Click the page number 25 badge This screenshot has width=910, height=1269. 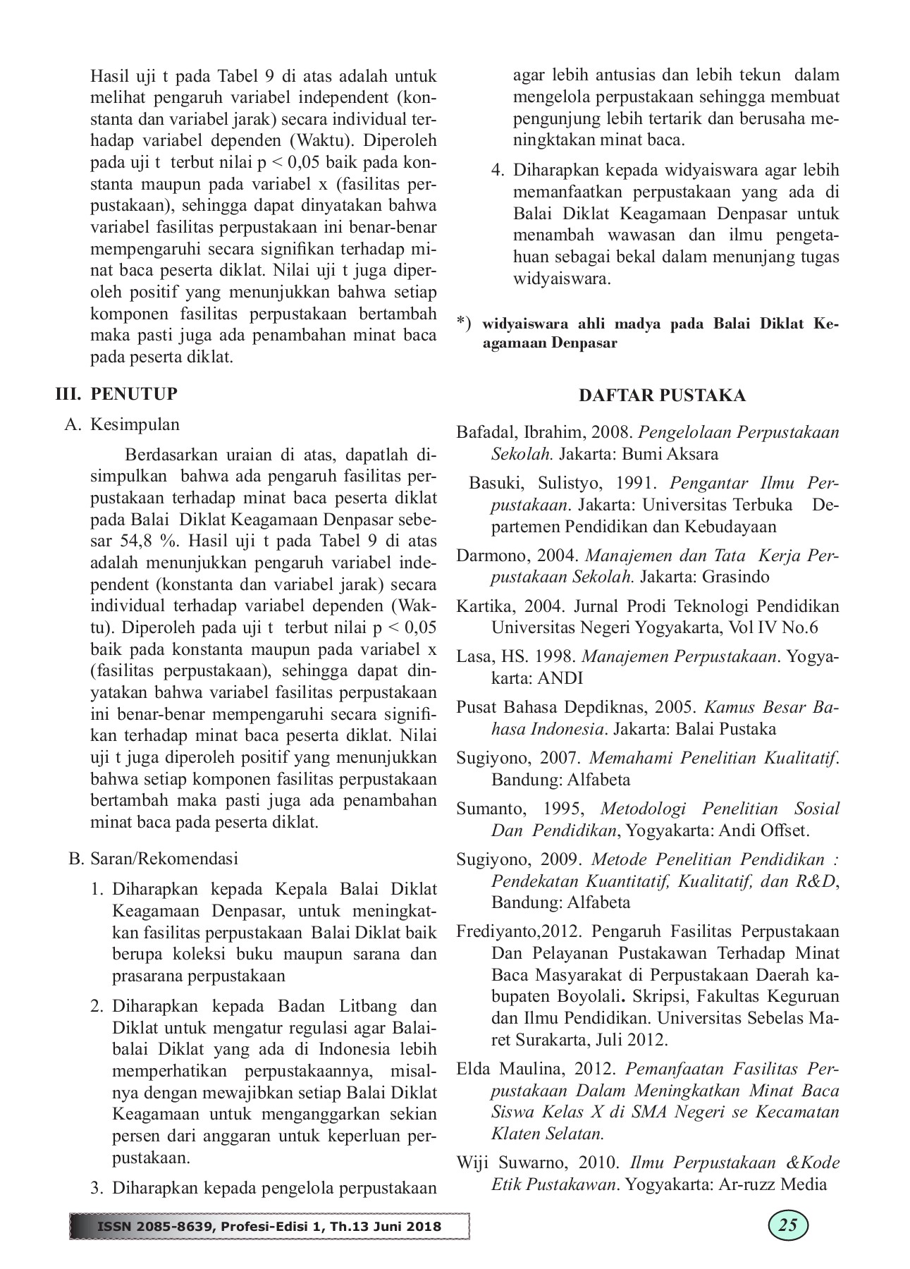click(x=787, y=1225)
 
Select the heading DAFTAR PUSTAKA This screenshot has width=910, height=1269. click(x=662, y=396)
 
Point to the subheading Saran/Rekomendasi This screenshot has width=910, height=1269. click(x=164, y=859)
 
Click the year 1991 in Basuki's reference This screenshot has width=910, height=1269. click(x=637, y=484)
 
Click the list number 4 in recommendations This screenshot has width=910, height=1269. click(x=498, y=171)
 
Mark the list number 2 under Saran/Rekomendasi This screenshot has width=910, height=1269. click(x=97, y=1006)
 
